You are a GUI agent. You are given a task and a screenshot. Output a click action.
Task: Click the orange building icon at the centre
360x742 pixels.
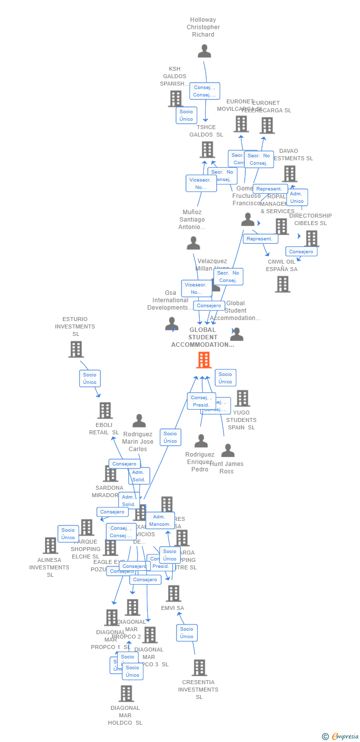click(x=204, y=360)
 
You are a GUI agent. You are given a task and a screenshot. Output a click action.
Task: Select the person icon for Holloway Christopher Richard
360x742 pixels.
click(x=204, y=51)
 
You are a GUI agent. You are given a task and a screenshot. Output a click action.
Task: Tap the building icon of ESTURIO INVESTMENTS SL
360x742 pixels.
click(x=76, y=349)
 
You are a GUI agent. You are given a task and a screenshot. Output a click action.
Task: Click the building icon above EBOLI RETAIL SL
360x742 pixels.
click(x=105, y=411)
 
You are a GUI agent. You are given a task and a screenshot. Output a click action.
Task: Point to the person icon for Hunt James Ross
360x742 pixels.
click(x=227, y=450)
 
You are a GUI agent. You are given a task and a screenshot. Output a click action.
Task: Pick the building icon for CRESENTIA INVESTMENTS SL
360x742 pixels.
click(x=199, y=668)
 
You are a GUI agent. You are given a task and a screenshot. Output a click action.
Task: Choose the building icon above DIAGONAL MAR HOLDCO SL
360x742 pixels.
click(x=126, y=694)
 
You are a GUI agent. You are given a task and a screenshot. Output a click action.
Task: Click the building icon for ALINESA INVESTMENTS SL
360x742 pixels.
click(x=50, y=546)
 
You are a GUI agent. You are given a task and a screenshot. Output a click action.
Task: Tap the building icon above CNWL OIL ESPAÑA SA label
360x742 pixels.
click(x=282, y=284)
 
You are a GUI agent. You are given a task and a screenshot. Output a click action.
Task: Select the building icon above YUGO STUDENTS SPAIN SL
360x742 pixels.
click(x=242, y=398)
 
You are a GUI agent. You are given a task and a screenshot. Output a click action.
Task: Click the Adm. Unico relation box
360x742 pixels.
click(x=297, y=197)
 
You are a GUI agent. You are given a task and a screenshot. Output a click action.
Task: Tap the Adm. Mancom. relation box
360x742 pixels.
click(x=160, y=520)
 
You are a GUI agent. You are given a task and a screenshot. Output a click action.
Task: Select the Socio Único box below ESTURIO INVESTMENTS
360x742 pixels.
click(x=90, y=378)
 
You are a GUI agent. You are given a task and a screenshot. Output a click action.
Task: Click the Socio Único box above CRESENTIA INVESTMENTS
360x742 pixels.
click(x=187, y=633)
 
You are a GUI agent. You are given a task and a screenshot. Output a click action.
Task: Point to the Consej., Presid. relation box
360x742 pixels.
click(x=201, y=401)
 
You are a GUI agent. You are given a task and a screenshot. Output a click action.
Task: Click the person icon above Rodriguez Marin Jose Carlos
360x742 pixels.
click(x=139, y=421)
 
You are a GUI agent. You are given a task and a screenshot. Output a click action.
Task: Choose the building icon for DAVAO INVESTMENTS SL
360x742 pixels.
click(x=289, y=174)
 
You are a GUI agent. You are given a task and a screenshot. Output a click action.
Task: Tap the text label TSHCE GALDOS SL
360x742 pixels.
click(x=206, y=131)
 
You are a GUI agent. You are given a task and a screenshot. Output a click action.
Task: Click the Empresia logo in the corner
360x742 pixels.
click(x=341, y=737)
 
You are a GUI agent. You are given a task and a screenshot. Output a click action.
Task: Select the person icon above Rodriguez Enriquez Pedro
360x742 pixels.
click(x=201, y=441)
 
